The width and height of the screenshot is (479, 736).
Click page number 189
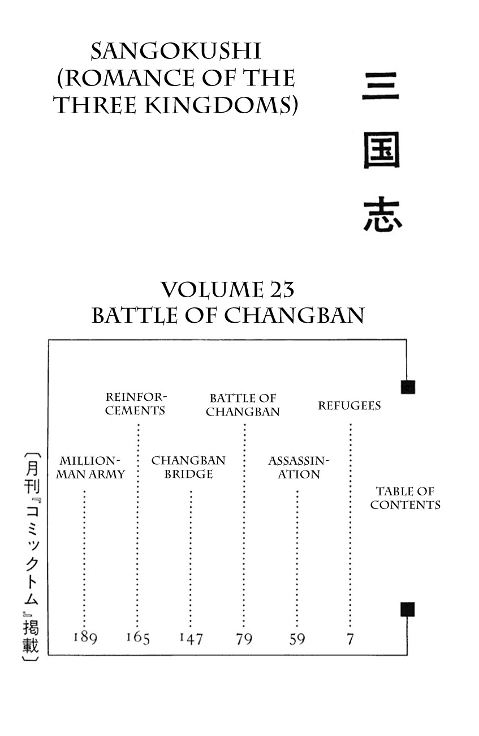click(x=85, y=637)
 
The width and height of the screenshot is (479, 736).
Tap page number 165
click(x=137, y=637)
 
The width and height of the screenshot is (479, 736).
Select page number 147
click(x=191, y=639)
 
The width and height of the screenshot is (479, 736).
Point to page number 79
click(x=244, y=639)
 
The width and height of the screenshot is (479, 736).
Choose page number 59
click(x=297, y=639)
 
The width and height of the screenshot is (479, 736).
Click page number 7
click(x=350, y=639)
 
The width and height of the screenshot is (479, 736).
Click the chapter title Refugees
click(x=349, y=405)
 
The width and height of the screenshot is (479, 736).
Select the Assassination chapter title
click(x=298, y=468)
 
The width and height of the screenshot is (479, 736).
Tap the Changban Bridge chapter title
click(x=188, y=468)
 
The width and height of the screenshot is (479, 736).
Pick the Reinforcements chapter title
click(x=136, y=404)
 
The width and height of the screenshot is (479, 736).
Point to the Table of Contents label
click(x=405, y=498)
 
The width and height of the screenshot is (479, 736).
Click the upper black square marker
click(x=408, y=387)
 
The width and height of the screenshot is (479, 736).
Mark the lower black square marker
click(x=408, y=609)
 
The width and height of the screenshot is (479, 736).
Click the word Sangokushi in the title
click(x=175, y=52)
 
